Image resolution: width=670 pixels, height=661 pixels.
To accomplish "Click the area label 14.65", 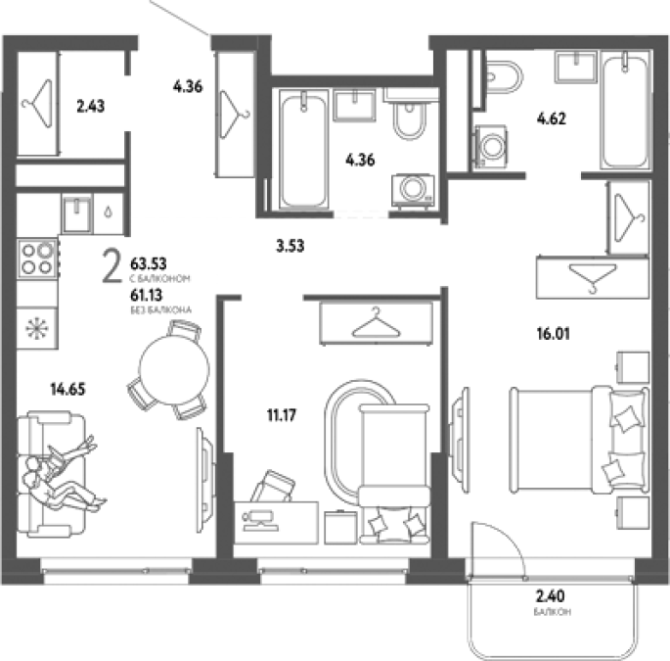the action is point(67,390).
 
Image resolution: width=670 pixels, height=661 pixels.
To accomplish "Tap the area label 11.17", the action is point(282,414).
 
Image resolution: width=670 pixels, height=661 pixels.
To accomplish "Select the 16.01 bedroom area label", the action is point(554,333).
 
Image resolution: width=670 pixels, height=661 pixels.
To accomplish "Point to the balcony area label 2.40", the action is point(551,595).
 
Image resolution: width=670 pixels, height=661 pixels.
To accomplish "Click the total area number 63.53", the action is point(149,263).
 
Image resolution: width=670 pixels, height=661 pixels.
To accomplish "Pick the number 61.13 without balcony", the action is point(147,295).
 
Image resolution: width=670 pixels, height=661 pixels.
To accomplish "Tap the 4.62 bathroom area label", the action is point(552,118).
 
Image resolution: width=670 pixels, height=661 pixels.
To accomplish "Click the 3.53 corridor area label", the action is point(290,246).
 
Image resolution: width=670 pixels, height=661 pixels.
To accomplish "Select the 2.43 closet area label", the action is point(91,106).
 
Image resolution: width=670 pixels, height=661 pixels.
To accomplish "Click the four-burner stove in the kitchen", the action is point(37,259).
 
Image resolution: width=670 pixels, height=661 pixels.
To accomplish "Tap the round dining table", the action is point(174,369).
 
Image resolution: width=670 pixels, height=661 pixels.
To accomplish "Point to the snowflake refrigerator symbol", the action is point(37,328).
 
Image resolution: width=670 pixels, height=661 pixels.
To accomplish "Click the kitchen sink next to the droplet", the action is point(76,213).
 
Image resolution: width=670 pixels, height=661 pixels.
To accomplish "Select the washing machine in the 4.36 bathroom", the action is point(413,191).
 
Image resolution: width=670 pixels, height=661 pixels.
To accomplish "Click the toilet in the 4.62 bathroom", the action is point(504,77).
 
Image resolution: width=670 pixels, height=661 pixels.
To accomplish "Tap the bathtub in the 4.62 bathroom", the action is point(625,110).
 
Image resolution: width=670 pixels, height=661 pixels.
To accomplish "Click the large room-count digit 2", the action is point(112,267).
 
